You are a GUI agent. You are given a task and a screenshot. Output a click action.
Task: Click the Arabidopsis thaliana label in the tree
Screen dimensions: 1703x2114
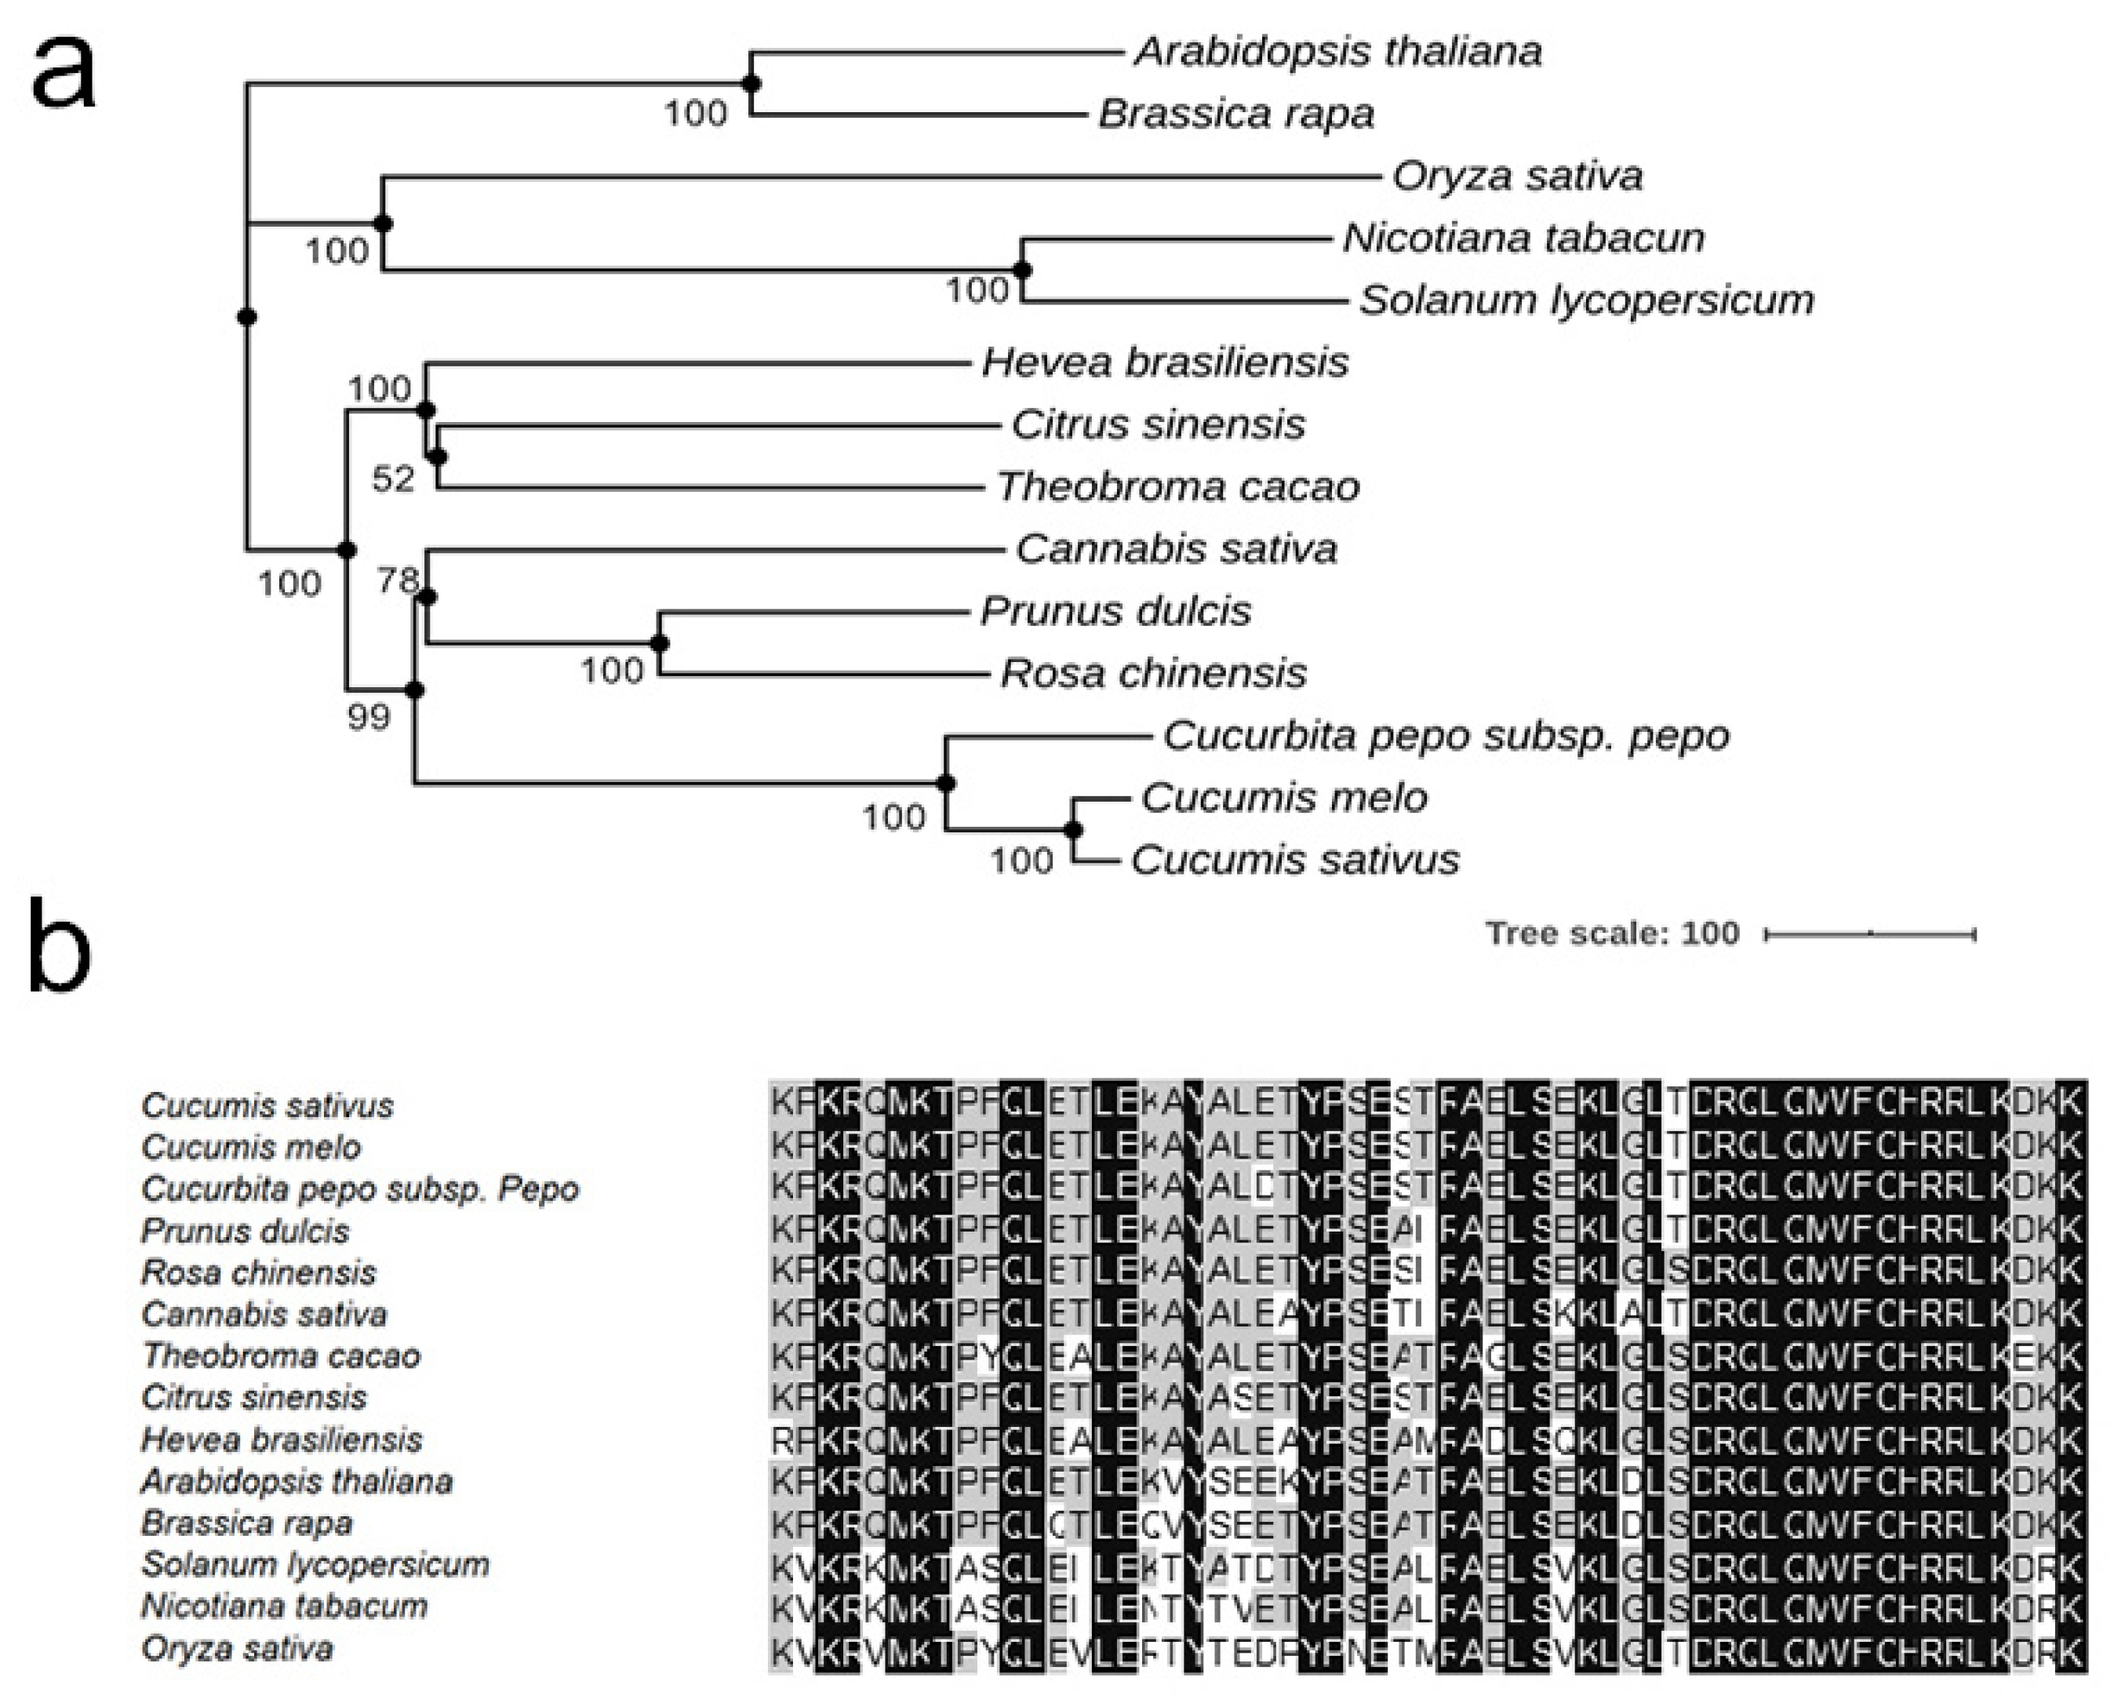click(x=1337, y=51)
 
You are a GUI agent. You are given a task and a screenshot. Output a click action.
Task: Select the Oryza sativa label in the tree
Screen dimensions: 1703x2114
click(x=1516, y=176)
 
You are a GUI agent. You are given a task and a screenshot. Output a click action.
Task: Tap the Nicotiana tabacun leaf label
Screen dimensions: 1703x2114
click(x=1523, y=238)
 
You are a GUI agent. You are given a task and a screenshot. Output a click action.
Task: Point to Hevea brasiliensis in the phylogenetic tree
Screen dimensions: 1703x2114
click(x=1164, y=363)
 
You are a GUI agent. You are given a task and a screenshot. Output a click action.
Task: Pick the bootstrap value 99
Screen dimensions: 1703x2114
click(x=369, y=717)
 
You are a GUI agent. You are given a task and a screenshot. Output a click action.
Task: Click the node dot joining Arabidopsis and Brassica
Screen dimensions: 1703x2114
click(x=751, y=85)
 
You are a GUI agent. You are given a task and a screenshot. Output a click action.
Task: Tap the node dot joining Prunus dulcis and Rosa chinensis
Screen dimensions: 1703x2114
click(x=660, y=643)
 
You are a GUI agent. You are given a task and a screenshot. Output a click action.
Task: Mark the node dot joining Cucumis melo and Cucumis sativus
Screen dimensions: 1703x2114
click(x=1074, y=831)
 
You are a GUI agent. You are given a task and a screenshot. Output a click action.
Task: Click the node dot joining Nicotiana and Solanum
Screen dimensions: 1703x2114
click(x=1023, y=270)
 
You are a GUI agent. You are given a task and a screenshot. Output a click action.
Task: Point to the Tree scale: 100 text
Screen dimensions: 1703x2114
click(x=1612, y=933)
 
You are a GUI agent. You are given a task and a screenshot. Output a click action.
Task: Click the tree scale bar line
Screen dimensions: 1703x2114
click(x=1870, y=935)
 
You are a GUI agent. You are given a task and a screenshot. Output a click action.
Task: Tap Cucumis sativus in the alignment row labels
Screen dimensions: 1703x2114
click(x=267, y=1107)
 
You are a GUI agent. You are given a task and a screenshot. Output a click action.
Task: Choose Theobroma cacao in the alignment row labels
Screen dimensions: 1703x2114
click(x=282, y=1357)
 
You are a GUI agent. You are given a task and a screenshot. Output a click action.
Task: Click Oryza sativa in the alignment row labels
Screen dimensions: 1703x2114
click(x=238, y=1649)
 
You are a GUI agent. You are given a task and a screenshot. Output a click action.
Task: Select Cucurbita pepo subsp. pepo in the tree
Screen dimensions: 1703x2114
click(x=1446, y=736)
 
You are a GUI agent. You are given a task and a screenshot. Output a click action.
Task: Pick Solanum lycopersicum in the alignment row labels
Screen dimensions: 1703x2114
click(x=315, y=1565)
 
